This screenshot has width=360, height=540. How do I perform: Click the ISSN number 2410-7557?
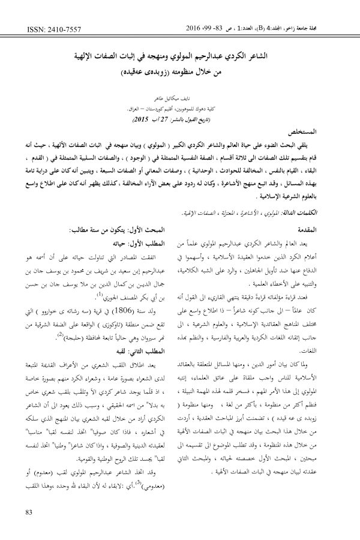click(45, 28)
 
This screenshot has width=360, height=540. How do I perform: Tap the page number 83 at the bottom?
click(29, 512)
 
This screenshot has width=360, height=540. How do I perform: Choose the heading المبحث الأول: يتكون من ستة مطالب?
click(119, 230)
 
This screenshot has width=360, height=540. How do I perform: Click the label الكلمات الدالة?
click(321, 213)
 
